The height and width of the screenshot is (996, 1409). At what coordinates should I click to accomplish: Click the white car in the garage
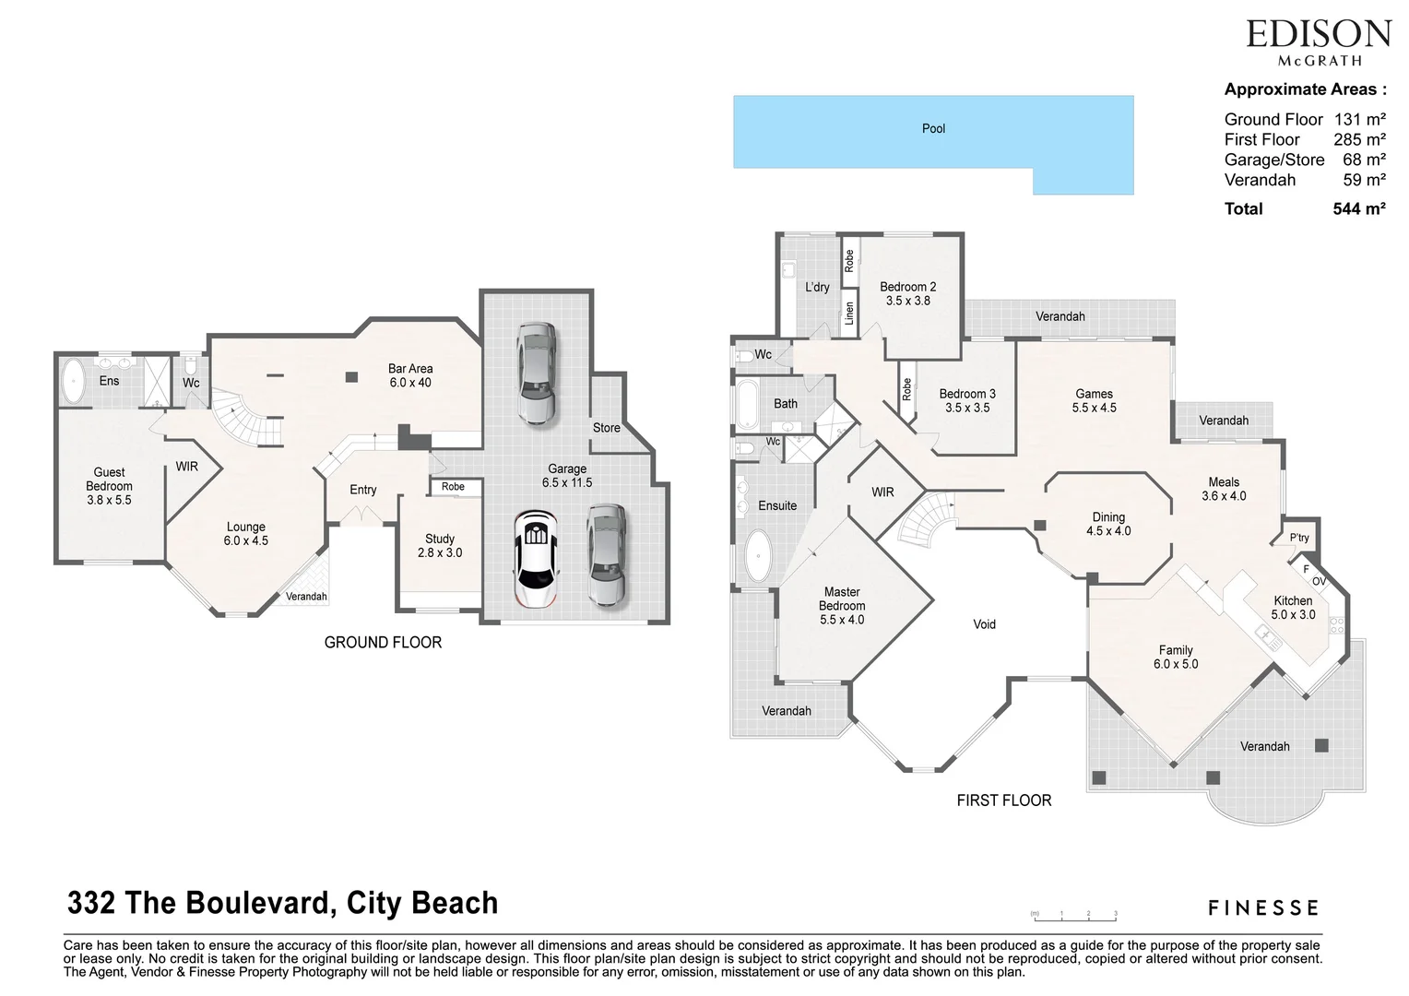point(536,560)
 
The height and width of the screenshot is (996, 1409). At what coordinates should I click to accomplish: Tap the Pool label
point(933,129)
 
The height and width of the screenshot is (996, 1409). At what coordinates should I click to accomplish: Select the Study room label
point(440,545)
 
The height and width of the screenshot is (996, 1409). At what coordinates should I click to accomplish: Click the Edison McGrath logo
point(1318,41)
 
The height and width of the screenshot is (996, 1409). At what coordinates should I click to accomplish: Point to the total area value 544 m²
point(1358,209)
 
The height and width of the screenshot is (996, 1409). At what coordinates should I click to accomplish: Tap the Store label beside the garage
point(606,428)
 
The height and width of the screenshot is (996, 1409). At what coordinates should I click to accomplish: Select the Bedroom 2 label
point(907,293)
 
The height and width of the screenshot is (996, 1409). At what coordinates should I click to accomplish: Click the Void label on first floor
point(984,624)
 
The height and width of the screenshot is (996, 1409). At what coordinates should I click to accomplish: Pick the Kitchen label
point(1292,607)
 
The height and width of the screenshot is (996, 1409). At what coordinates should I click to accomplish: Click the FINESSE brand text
point(1262,908)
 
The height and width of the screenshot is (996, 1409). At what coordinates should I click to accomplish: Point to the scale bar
point(1074,915)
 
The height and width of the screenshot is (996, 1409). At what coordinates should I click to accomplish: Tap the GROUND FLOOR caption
point(383,643)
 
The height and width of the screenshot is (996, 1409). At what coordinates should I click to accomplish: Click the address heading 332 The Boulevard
point(282,903)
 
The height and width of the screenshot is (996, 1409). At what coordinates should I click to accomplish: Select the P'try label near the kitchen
point(1299,539)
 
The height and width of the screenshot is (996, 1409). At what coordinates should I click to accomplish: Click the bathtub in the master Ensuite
point(758,556)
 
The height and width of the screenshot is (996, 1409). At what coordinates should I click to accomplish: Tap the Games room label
point(1094,400)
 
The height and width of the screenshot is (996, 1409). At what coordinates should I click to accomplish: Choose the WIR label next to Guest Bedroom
point(187,468)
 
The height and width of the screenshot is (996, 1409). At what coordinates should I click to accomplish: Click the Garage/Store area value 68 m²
point(1364,160)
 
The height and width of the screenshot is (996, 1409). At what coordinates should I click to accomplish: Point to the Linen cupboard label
point(849,314)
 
